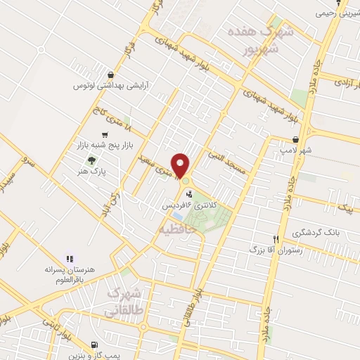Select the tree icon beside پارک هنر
[91, 160]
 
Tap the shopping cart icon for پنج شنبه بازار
[105, 134]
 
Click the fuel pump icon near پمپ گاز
[94, 345]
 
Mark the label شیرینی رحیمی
[340, 13]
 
